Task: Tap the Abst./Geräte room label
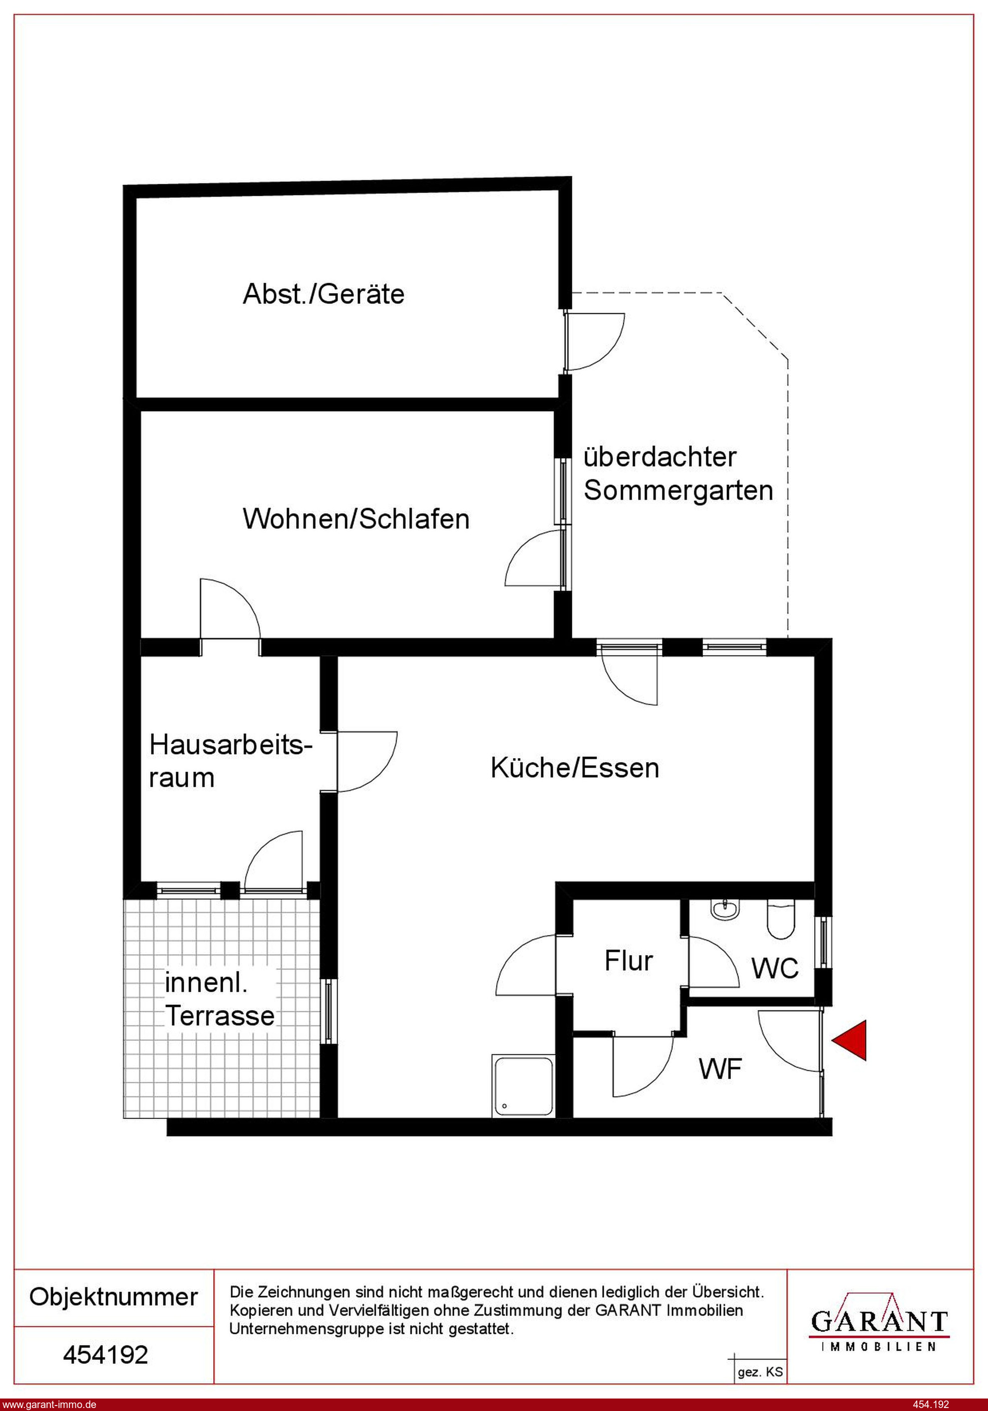tap(324, 294)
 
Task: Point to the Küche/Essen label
tap(575, 768)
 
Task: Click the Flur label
tap(629, 960)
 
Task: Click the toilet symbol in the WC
tap(781, 920)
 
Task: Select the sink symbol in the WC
tap(725, 909)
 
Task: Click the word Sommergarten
tap(678, 490)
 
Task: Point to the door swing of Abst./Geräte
tap(595, 342)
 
